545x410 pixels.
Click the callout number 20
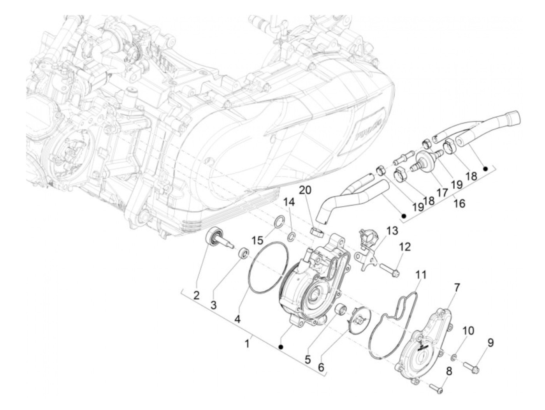tap(306, 191)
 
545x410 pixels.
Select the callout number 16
tap(459, 203)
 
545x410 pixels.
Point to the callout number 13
tap(392, 231)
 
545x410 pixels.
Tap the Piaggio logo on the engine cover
tap(368, 133)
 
